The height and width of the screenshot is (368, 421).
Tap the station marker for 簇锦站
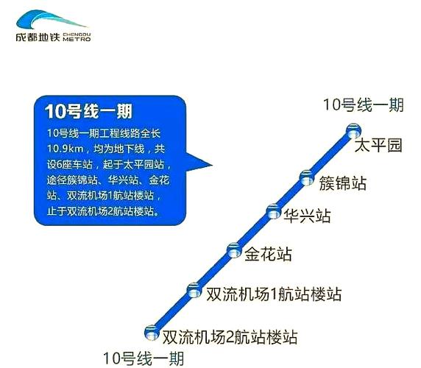click(306, 176)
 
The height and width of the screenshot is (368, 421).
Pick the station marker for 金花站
click(233, 249)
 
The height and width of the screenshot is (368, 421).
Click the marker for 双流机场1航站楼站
click(193, 289)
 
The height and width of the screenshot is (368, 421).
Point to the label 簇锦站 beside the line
click(343, 183)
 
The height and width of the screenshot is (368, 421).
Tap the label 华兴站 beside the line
click(307, 216)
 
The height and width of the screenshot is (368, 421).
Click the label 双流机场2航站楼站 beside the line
click(230, 339)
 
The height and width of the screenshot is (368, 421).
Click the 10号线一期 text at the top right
click(364, 105)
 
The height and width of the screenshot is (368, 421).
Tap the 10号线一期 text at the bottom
click(144, 358)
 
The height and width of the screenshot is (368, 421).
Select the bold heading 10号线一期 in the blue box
click(88, 112)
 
